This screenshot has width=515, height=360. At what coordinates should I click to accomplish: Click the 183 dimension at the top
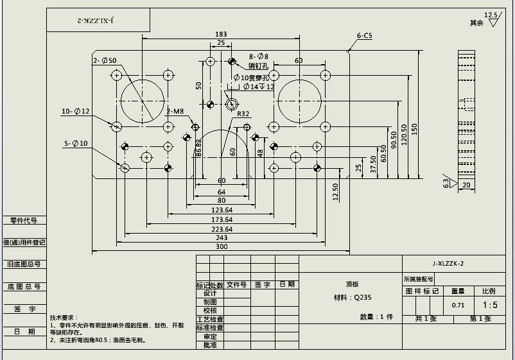tap(221, 34)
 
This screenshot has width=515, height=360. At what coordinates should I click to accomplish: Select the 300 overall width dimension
tap(222, 246)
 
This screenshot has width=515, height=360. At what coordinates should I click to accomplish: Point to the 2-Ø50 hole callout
tap(105, 60)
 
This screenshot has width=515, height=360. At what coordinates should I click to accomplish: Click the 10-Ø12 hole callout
tap(76, 112)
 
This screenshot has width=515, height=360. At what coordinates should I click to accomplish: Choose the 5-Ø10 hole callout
tap(75, 143)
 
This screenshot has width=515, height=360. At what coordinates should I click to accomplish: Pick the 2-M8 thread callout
tap(175, 111)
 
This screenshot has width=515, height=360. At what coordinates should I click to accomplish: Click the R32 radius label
tap(243, 114)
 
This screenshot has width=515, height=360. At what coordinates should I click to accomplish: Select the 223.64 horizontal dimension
tap(222, 229)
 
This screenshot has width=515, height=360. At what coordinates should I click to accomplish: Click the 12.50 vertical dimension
tap(335, 192)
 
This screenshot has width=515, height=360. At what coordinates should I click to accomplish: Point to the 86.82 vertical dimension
tap(198, 148)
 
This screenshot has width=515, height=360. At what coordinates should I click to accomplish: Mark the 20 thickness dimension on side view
tap(466, 185)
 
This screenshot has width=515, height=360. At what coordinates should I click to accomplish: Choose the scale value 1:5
tap(490, 305)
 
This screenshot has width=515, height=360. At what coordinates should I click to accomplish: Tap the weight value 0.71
tap(458, 305)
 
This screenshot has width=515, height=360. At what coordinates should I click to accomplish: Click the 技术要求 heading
tap(64, 318)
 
